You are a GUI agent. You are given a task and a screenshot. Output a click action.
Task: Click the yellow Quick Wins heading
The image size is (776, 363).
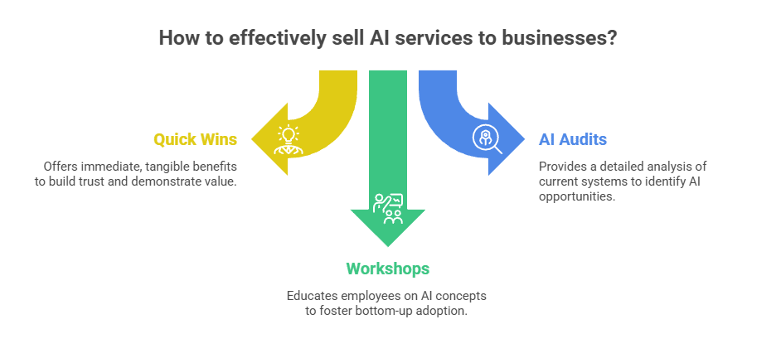[x=195, y=139]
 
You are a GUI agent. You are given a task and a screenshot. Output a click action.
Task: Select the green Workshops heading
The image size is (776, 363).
[x=387, y=269]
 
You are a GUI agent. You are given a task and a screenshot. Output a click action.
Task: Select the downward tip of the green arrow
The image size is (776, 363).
[x=387, y=245]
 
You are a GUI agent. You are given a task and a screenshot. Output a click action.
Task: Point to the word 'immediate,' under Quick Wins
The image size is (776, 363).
[x=112, y=166]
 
